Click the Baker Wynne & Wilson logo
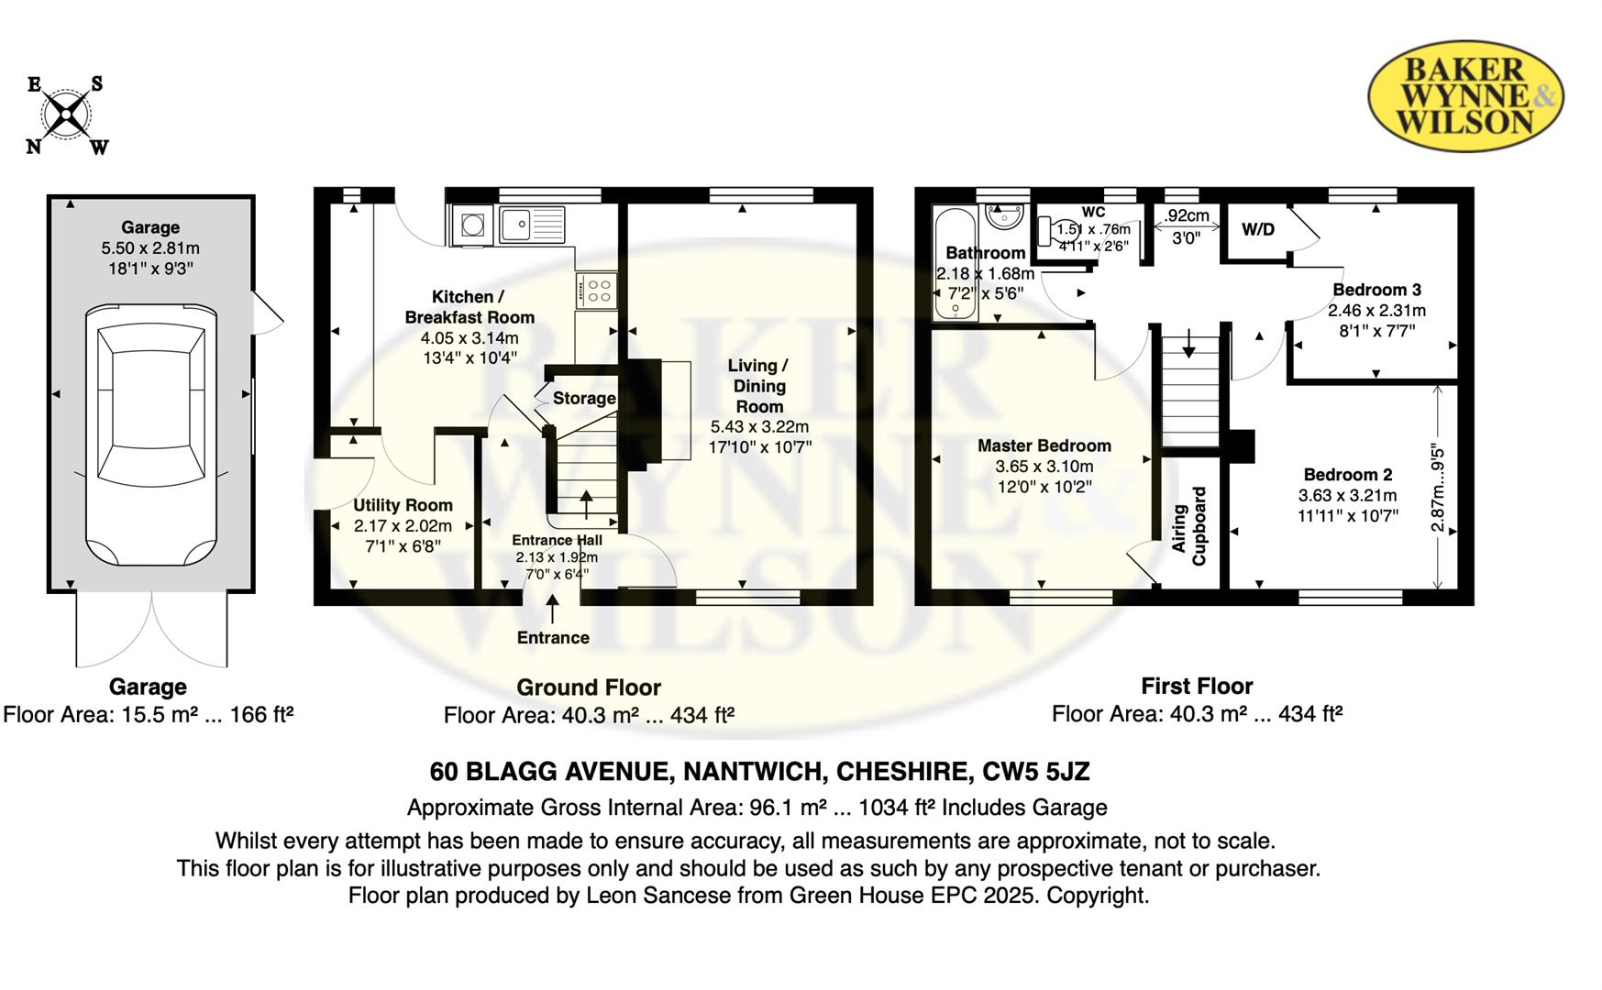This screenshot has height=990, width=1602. pos(1464,95)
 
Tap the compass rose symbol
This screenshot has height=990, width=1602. pos(66,115)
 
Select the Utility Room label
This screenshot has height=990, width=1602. pos(403,505)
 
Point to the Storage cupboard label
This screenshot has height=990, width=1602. pos(584,398)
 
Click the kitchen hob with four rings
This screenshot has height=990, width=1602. pos(598,291)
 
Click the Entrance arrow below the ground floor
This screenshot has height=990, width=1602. pos(553,609)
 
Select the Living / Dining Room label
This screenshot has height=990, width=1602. pos(759,385)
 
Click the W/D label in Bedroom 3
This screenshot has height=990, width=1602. pos(1257,229)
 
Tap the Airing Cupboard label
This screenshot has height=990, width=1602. pos(1189,526)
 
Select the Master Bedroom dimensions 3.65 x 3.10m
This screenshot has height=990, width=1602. pos(1044,467)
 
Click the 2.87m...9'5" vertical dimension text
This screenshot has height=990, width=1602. pos(1438,489)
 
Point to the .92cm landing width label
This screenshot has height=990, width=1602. pos(1187,216)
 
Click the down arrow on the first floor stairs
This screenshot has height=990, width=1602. pos(1189,345)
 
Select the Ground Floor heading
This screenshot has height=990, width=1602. pos(588,687)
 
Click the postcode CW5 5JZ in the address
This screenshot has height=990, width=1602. pos(1036,772)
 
